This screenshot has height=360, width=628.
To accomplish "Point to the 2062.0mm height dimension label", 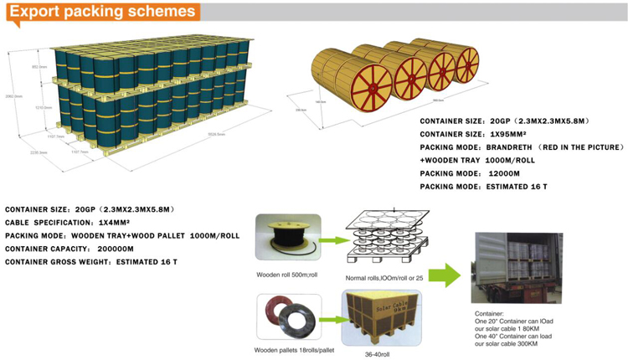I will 12,97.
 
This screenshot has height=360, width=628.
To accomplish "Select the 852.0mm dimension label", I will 39,66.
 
